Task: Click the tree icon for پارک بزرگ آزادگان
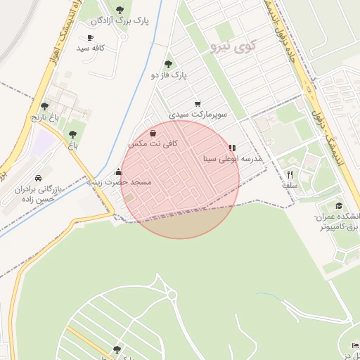(120, 9)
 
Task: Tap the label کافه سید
(91, 48)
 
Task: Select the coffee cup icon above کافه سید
(90, 38)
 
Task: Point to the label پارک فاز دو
(169, 74)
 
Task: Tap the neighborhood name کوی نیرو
(233, 47)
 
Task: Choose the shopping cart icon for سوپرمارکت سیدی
(197, 103)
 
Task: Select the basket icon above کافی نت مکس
(153, 133)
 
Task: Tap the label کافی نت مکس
(153, 143)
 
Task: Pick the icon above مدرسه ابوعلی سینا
(232, 148)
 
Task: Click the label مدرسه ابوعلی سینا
(233, 159)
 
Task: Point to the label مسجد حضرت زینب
(120, 182)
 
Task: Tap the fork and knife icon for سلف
(290, 174)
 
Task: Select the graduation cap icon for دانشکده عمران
(340, 206)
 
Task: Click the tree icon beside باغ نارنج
(45, 106)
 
